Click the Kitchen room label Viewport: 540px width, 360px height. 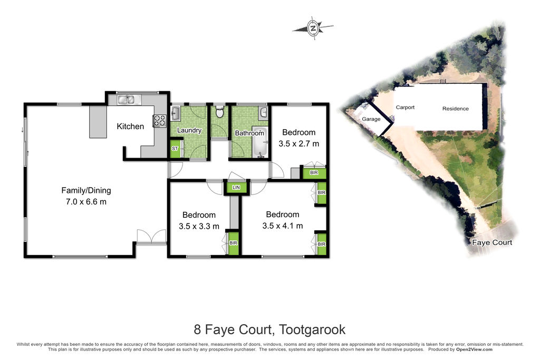click(130, 127)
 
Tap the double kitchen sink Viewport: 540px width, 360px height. click(126, 100)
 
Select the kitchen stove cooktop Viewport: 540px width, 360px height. click(159, 121)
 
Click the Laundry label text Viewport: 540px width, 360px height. click(189, 130)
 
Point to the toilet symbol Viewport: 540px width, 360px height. click(219, 112)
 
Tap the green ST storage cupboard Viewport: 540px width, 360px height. click(175, 149)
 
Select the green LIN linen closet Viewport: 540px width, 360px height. click(236, 187)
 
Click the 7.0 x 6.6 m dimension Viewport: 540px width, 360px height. click(86, 202)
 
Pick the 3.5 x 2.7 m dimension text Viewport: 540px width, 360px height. click(299, 143)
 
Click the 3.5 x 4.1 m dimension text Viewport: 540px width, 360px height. click(283, 226)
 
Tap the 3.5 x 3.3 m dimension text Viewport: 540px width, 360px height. click(199, 226)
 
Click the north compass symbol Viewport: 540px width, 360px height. click(313, 27)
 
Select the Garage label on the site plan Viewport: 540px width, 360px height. click(371, 119)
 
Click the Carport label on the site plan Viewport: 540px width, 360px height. click(405, 108)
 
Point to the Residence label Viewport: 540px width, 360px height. click(455, 109)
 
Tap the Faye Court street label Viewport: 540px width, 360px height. click(492, 242)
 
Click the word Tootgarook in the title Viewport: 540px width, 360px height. click(312, 330)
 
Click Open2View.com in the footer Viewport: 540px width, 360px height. click(474, 349)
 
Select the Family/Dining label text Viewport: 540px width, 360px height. click(86, 190)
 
